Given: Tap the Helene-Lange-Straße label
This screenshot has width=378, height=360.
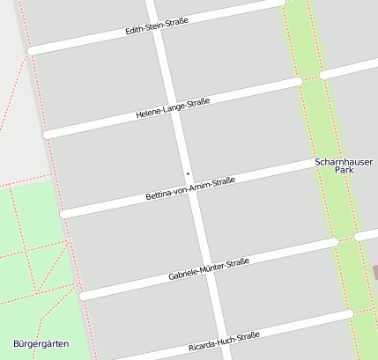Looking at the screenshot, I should pos(173,108).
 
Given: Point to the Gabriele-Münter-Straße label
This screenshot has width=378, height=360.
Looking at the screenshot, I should pos(209,270).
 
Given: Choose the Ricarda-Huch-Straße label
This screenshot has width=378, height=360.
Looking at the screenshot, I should pos(224,342).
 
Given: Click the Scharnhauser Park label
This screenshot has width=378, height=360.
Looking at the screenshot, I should pos(337,166).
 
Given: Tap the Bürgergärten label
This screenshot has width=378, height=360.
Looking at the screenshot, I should pos(41,343).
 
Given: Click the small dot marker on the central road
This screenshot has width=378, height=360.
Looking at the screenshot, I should pos(188,173).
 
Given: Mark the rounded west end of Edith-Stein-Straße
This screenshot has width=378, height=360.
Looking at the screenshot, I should pos(33,51).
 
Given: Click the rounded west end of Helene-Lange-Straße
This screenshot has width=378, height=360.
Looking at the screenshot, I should pos(48,134).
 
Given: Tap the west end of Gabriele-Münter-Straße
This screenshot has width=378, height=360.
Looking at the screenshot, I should pos(84,295).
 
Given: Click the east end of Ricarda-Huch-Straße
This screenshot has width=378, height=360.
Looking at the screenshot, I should pos(349,312).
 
